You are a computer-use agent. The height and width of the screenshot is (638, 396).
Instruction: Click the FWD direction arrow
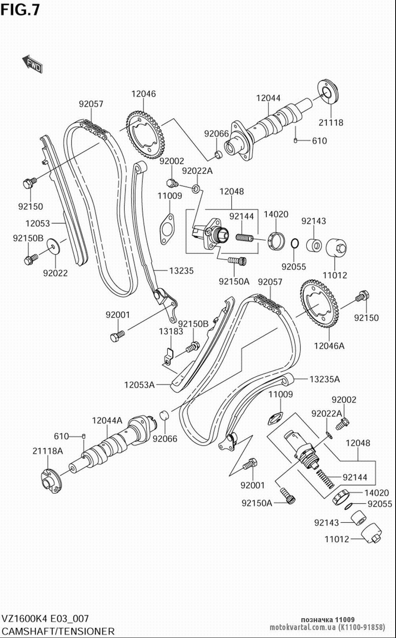(x=32, y=64)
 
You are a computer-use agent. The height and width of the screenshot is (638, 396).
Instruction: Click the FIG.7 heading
(x=20, y=9)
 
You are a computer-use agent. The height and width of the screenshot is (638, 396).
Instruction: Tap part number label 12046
(x=143, y=94)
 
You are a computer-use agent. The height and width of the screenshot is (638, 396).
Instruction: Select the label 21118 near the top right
(x=331, y=123)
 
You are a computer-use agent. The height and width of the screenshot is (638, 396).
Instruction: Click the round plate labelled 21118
(x=328, y=93)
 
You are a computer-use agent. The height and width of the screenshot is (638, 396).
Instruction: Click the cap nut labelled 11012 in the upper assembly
(x=336, y=248)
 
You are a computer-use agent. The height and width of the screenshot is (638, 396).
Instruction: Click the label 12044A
(x=107, y=420)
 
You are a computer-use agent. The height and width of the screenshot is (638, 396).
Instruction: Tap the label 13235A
(x=324, y=379)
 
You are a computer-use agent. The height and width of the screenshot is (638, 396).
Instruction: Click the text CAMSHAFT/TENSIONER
(x=58, y=631)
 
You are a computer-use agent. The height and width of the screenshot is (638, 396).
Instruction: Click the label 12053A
(x=139, y=384)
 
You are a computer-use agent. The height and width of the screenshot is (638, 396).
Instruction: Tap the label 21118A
(x=48, y=451)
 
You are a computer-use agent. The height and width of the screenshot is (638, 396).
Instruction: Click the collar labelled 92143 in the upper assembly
(x=314, y=245)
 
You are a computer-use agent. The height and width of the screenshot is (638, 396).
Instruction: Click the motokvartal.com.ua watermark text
(x=327, y=627)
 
